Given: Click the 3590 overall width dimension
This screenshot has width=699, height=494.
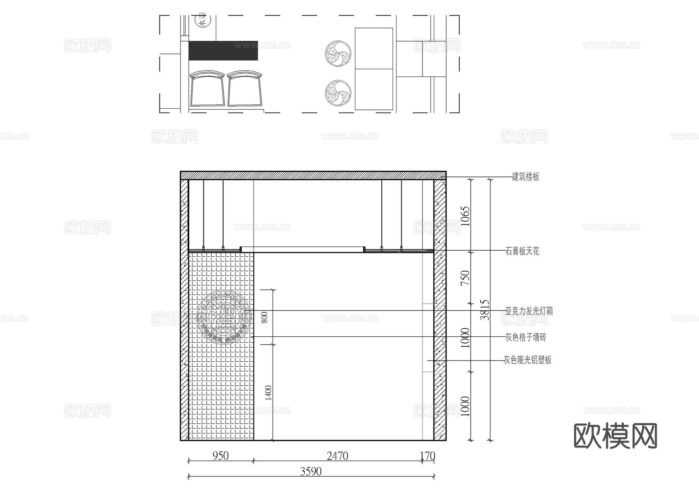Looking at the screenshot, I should (x=311, y=471).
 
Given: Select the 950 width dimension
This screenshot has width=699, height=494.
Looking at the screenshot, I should (x=221, y=456).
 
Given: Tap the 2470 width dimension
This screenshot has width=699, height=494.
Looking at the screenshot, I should (x=337, y=456).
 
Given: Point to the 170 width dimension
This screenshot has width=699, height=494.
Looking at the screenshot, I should (x=428, y=456).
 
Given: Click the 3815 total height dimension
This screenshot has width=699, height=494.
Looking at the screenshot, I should (x=485, y=309).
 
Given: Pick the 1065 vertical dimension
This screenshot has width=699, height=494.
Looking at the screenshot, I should (x=465, y=216).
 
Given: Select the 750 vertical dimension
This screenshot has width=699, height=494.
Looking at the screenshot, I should (x=465, y=278).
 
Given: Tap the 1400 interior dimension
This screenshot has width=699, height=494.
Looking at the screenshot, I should (x=268, y=393).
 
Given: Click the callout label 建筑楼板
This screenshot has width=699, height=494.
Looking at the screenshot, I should (x=525, y=177).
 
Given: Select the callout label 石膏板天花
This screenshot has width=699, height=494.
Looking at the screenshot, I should (x=522, y=251).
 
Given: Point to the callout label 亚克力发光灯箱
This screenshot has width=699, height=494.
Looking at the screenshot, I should (x=529, y=311).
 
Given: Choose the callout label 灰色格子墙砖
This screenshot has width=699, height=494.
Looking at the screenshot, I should (x=525, y=337).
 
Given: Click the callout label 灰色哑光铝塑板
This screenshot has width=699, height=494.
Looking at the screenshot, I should (x=527, y=360).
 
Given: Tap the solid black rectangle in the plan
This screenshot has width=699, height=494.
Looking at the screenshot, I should (x=223, y=50).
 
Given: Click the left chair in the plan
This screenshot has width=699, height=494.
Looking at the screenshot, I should (x=207, y=88).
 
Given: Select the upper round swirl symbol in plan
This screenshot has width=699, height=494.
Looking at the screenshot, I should (x=338, y=54).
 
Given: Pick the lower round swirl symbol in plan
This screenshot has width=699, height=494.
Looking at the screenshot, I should (x=338, y=93).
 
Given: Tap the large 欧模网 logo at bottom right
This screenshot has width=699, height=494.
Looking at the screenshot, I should (x=615, y=436).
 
